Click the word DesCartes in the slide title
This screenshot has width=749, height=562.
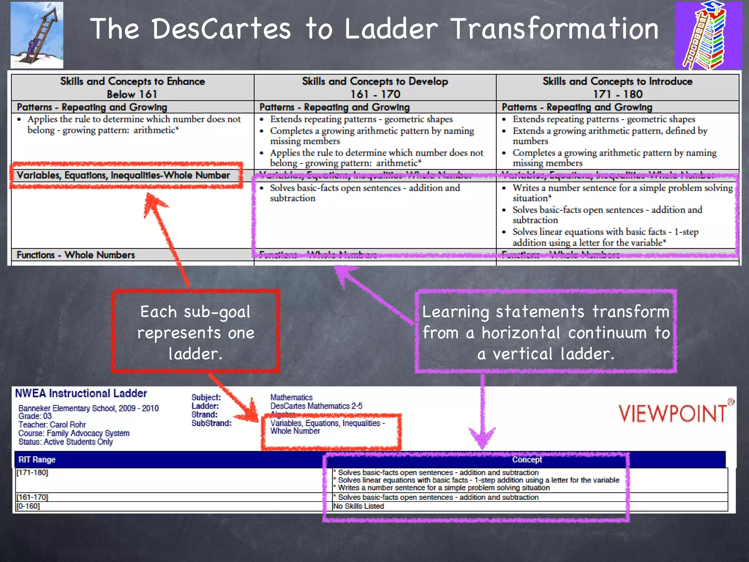click(x=221, y=29)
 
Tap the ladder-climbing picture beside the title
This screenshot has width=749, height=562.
click(x=37, y=35)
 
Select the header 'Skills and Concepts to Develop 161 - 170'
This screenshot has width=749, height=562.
click(x=375, y=87)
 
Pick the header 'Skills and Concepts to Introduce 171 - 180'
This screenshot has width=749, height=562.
click(x=617, y=87)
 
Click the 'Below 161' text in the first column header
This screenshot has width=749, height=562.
click(x=132, y=94)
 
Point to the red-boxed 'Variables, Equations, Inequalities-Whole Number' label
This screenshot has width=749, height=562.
click(x=123, y=175)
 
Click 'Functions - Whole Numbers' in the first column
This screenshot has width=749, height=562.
click(x=76, y=255)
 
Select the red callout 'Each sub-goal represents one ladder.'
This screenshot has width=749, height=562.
click(x=196, y=332)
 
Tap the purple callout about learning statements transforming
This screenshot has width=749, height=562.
click(x=546, y=332)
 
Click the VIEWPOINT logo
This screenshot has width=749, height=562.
click(x=672, y=414)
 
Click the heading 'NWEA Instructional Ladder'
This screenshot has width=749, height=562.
click(x=81, y=393)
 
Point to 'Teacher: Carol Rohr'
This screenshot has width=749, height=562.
click(x=52, y=425)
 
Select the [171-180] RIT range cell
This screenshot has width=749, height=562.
click(x=32, y=473)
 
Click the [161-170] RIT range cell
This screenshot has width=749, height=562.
click(x=32, y=497)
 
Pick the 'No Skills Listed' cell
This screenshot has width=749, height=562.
click(x=358, y=506)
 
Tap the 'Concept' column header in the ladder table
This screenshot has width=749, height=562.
click(x=527, y=460)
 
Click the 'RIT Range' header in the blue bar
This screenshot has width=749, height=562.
click(x=37, y=460)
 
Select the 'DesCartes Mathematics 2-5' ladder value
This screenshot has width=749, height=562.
click(x=316, y=406)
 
